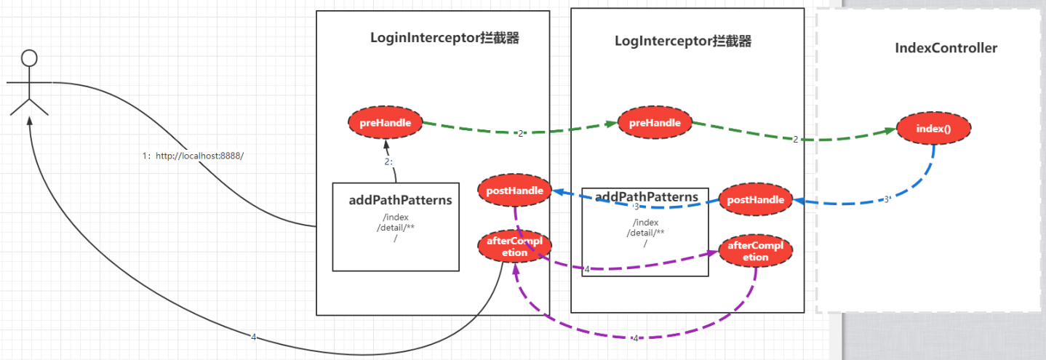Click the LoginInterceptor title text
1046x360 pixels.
[x=444, y=39]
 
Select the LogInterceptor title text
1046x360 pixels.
[x=682, y=41]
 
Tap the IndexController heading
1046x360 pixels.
[x=946, y=48]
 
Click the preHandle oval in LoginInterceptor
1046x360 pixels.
[x=386, y=123]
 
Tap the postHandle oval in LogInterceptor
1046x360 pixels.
[x=755, y=199]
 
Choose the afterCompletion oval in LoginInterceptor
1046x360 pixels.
[x=514, y=247]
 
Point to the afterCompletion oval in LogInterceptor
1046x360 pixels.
[x=756, y=251]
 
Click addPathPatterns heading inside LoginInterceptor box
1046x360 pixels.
[x=400, y=200]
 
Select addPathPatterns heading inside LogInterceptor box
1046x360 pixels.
[x=647, y=197]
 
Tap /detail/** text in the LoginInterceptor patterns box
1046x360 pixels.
[x=396, y=228]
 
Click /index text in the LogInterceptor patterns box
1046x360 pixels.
[x=645, y=223]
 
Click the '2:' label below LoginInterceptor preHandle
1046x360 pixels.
[x=388, y=161]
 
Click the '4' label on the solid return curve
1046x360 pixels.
[x=253, y=337]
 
